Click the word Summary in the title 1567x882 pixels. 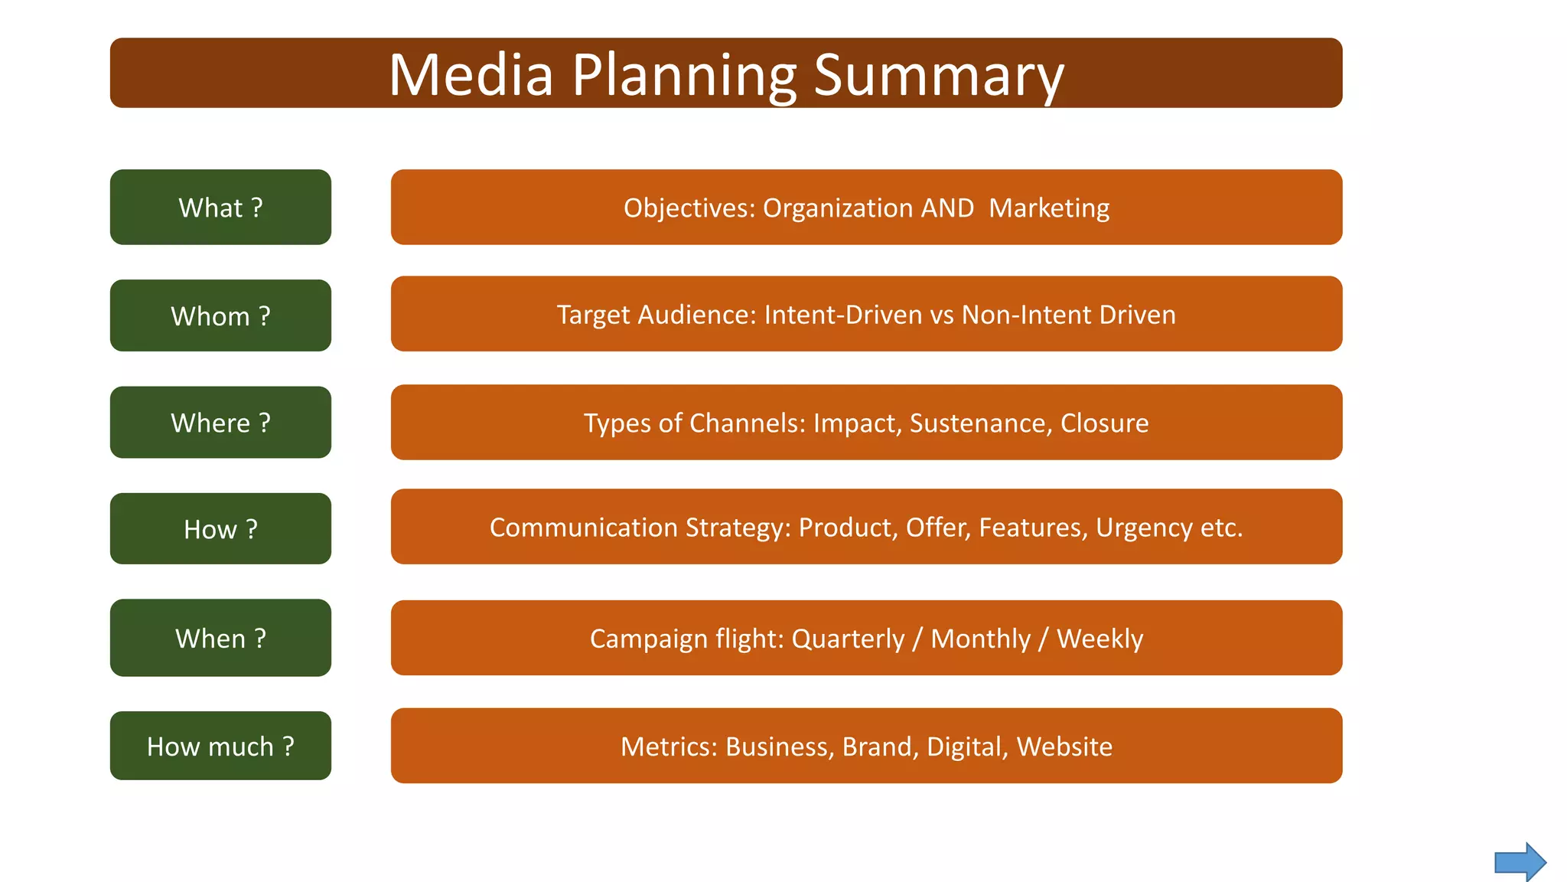pyautogui.click(x=938, y=75)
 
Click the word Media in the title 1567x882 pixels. pyautogui.click(x=471, y=75)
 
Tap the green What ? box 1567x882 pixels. pyautogui.click(x=220, y=207)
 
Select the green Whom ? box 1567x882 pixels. pyautogui.click(x=220, y=315)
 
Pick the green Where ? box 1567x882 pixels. pyautogui.click(x=220, y=423)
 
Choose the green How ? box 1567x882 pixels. pyautogui.click(x=220, y=529)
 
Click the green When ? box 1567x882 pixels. pyautogui.click(x=220, y=638)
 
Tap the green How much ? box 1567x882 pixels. pyautogui.click(x=220, y=746)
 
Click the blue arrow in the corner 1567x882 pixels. pyautogui.click(x=1520, y=862)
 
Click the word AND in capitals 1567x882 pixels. pyautogui.click(x=947, y=208)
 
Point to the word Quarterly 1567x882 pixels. pyautogui.click(x=848, y=639)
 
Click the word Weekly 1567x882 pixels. pyautogui.click(x=1100, y=639)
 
